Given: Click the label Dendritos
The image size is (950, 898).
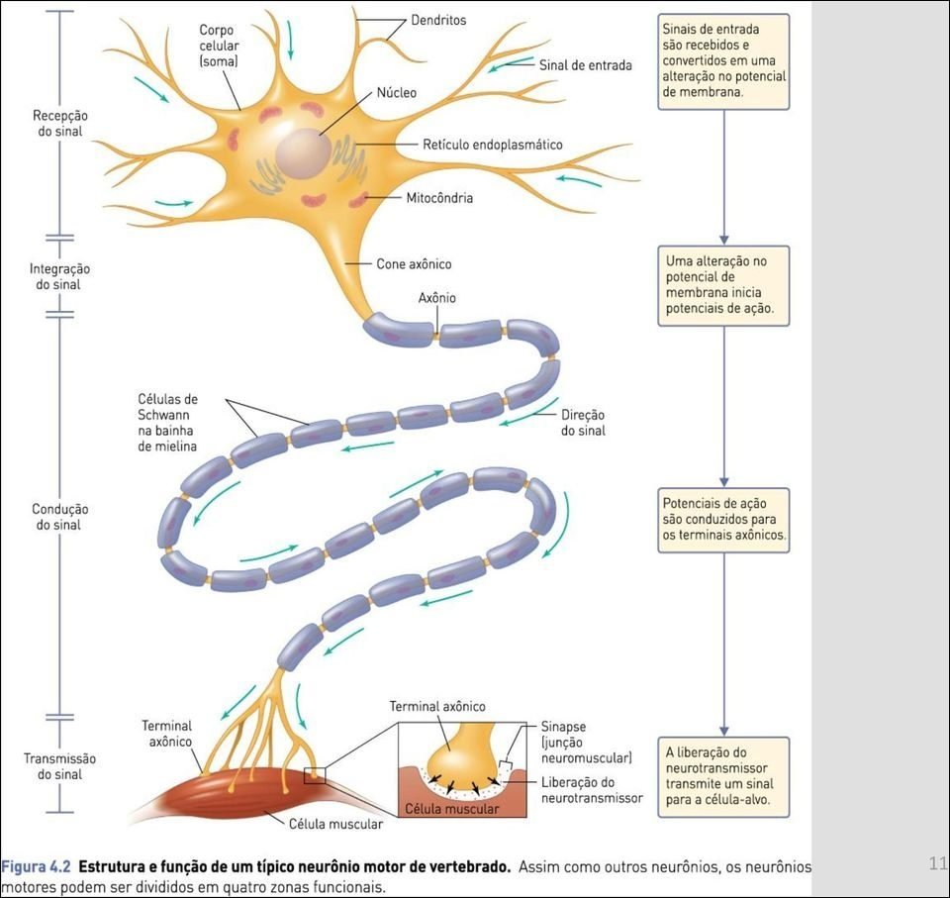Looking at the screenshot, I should pos(438,20).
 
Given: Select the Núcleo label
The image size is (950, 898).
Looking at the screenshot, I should pos(397,93).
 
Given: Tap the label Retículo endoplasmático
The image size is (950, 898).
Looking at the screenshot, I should pos(493,145).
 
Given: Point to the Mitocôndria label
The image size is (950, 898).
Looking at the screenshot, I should pos(439,198).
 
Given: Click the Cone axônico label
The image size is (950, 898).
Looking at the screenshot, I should pos(414,264).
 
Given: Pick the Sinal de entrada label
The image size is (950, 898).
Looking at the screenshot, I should pos(586,65).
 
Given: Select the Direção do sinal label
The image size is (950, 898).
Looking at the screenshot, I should pos(583,423).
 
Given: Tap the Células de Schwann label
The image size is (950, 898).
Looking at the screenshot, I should pos(167,423).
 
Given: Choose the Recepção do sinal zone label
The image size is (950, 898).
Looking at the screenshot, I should pos(59,124).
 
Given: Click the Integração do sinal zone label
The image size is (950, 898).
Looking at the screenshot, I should pos(59,276).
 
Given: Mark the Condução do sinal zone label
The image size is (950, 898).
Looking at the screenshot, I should pos(59,517).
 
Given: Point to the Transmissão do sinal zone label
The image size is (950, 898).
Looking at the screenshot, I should pos(59,766).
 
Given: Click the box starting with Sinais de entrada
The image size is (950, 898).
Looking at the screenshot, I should pos(723,61).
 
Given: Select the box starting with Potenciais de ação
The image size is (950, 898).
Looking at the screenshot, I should pos(723,520).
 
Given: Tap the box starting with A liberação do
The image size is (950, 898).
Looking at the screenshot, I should pos(723,776).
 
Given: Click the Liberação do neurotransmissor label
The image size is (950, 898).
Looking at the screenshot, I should pos(592,789).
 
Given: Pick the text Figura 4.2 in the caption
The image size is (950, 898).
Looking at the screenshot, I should pos(36,866).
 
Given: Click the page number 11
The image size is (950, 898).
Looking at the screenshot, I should pos(938,863).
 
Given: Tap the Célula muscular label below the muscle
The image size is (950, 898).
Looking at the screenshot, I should pos(322,824).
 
